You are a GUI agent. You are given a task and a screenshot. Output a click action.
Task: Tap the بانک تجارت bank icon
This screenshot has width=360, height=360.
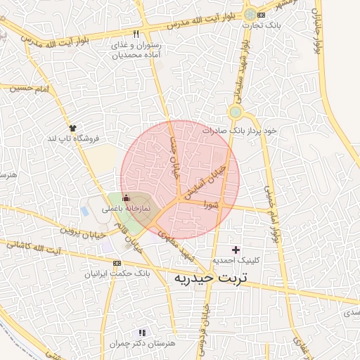tap(262, 15)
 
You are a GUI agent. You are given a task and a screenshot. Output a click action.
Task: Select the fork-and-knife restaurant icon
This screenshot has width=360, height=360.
tap(136, 34)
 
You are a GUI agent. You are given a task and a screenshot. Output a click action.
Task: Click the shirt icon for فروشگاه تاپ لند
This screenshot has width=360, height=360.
tap(72, 127)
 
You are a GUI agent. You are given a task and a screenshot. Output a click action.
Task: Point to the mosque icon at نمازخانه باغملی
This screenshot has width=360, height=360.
tap(126, 198)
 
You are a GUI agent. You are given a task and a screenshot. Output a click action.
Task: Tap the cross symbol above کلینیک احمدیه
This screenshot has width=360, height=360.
tap(236, 249)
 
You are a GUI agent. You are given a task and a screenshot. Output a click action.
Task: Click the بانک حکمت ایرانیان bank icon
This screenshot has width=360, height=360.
tap(117, 262)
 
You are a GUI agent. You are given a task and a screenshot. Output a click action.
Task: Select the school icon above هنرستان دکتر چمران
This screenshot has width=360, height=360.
tap(142, 333)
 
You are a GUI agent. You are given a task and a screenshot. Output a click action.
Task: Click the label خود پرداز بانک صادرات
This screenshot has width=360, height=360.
tap(240, 131)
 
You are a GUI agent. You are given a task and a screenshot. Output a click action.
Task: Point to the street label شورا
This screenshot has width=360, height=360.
tap(211, 206)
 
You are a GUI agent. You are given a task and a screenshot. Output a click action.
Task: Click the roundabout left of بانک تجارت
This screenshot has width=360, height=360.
tap(250, 13)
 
